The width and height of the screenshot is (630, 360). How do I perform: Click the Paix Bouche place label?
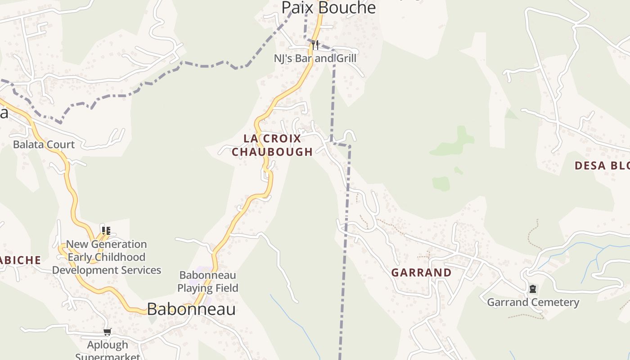(328, 7)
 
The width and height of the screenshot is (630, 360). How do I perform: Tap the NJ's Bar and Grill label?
(315, 58)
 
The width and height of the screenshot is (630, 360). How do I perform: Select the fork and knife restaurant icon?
(315, 45)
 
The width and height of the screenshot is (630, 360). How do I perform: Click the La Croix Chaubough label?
(272, 145)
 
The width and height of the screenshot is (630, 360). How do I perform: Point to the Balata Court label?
(44, 144)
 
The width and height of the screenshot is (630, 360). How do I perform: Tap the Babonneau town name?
(191, 309)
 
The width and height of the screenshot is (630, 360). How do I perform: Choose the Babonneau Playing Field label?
(208, 281)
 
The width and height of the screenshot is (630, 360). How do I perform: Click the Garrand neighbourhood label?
(421, 273)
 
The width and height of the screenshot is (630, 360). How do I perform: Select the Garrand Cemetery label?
(533, 302)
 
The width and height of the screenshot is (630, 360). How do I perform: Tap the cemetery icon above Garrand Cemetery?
(533, 289)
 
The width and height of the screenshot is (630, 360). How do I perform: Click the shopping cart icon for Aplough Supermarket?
(107, 332)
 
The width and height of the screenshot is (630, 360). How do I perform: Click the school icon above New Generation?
(106, 231)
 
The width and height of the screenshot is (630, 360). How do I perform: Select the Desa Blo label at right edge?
(602, 166)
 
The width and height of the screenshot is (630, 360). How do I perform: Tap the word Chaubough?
(272, 152)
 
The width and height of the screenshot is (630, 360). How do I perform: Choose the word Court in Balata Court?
(60, 144)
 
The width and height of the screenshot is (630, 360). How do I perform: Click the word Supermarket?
(108, 356)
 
